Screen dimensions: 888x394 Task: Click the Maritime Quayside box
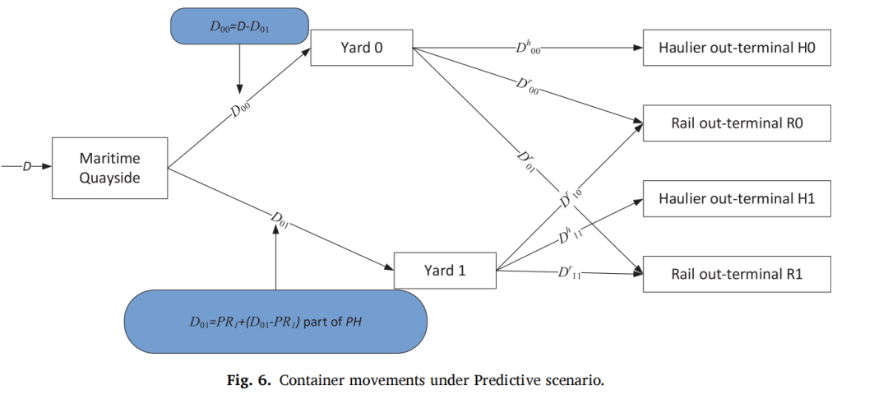110,168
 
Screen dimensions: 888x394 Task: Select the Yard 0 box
361,48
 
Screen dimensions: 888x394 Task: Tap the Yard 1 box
445,271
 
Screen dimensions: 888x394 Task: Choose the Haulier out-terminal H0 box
736,48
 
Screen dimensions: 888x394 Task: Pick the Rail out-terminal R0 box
736,123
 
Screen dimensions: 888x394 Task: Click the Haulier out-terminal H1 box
736,198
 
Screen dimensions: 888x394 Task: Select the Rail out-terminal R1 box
736,274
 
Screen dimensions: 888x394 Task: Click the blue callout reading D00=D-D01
239,26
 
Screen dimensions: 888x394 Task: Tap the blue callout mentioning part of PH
275,322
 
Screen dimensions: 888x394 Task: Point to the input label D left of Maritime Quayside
26,167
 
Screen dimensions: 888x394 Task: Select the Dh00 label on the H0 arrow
528,49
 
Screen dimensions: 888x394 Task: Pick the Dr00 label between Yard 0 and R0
527,86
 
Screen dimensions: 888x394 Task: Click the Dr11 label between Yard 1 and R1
570,273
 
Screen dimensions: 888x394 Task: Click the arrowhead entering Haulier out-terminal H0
638,49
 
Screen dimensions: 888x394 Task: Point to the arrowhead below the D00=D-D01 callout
239,90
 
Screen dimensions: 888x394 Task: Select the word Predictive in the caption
518,380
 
